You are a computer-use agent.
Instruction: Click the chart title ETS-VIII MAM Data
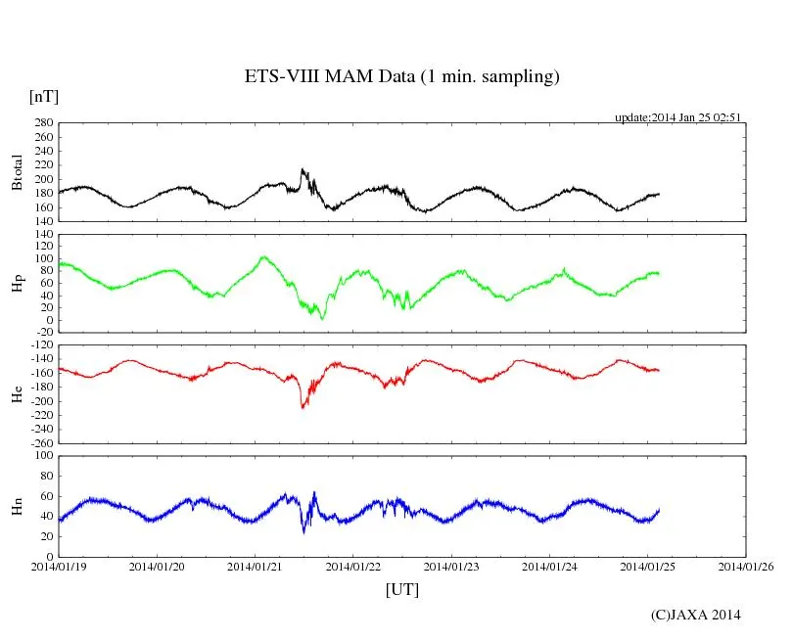tap(401, 76)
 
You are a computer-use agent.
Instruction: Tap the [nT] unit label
tap(44, 96)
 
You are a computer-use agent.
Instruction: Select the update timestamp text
tap(677, 117)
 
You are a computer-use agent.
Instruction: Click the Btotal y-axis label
tap(17, 172)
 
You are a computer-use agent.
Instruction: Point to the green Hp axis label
tap(17, 283)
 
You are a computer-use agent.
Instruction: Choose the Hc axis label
tap(17, 393)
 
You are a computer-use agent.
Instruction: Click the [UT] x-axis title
tap(402, 589)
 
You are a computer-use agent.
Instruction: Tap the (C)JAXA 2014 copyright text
tap(696, 615)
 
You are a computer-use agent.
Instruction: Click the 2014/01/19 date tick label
tap(59, 567)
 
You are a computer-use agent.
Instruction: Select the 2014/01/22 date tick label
tap(354, 567)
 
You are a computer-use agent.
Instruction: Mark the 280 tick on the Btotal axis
tap(41, 123)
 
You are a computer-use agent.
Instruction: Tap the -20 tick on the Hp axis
tap(42, 332)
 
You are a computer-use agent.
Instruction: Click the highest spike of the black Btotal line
tap(303, 169)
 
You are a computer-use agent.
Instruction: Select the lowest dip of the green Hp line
tap(322, 319)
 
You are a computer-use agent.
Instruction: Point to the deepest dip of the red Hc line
tap(303, 407)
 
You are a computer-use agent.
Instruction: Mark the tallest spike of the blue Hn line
tap(314, 492)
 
